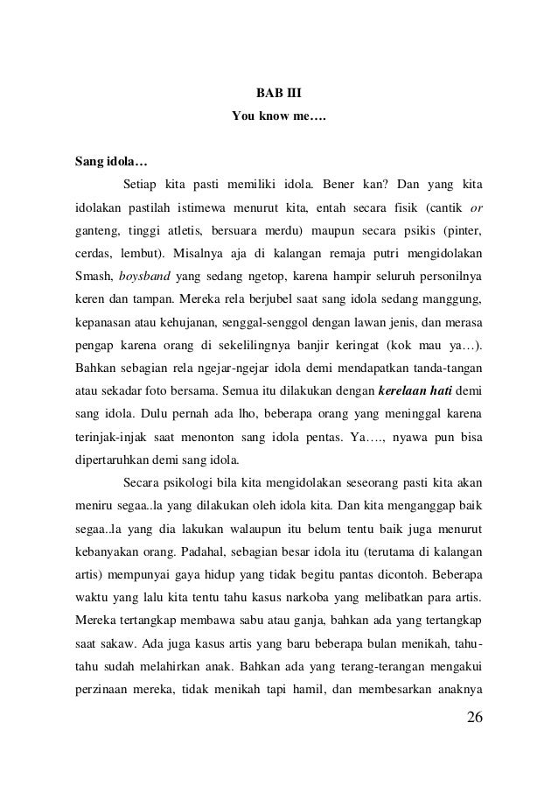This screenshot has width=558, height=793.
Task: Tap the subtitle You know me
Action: pyautogui.click(x=278, y=116)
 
